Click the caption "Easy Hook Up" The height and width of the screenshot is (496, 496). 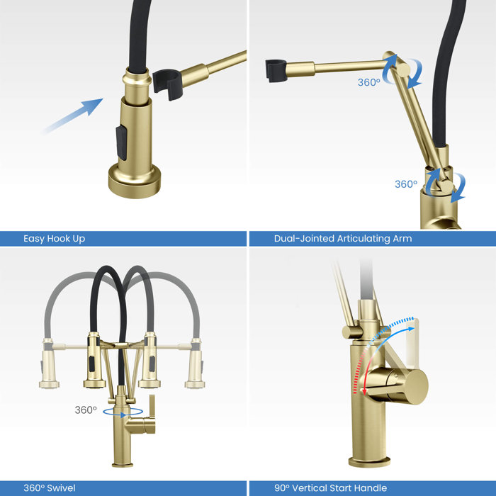(x=55, y=239)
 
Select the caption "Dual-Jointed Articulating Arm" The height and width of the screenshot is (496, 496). (x=343, y=239)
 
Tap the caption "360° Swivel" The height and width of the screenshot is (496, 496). (x=50, y=487)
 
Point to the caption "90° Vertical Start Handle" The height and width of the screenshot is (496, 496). (x=331, y=487)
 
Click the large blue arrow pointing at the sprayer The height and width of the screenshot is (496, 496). (x=72, y=115)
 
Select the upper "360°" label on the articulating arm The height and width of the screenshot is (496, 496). (x=368, y=82)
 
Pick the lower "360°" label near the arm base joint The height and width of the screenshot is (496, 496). (x=406, y=184)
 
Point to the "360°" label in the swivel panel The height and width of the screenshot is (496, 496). (x=86, y=410)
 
